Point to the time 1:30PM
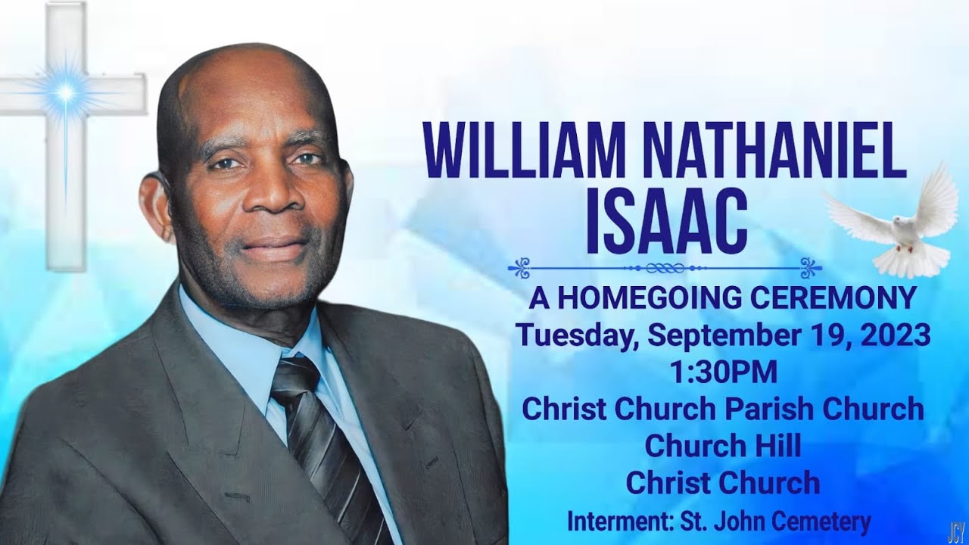[723, 372]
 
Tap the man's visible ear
[156, 204]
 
